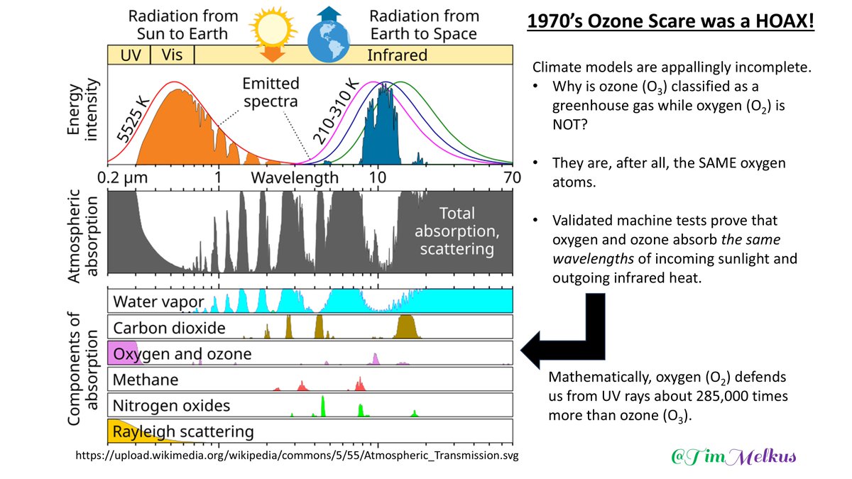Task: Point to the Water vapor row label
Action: point(159,302)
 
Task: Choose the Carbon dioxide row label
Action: point(170,328)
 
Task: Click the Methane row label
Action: point(146,380)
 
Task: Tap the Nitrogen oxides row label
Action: point(172,406)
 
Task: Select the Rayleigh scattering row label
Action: point(183,431)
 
